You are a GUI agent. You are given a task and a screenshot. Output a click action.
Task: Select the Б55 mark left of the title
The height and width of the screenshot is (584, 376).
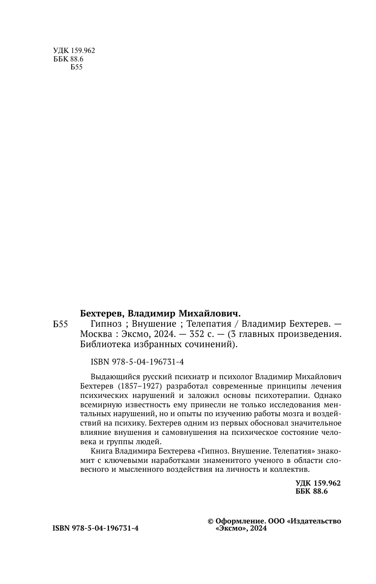coord(60,325)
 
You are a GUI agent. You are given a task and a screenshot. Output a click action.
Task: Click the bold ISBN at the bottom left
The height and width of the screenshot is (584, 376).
coord(96,528)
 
